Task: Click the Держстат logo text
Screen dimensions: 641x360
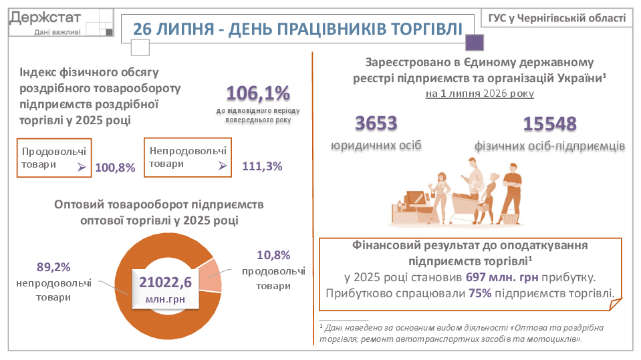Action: [x=45, y=17]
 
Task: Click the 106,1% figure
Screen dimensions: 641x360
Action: [x=258, y=93]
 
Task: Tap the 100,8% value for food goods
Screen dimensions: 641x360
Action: [x=115, y=168]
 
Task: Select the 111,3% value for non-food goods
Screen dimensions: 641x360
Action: [x=262, y=166]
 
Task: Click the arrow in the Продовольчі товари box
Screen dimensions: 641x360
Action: [x=82, y=167]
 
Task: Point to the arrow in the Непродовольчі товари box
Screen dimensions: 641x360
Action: [x=223, y=166]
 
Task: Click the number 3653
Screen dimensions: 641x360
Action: [x=376, y=124]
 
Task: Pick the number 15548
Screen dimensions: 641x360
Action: [x=550, y=124]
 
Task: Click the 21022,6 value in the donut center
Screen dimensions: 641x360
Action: [x=165, y=283]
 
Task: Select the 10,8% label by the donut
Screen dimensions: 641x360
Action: [x=273, y=255]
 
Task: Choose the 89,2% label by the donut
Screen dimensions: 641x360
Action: [x=53, y=267]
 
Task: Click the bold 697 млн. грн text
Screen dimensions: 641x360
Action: [x=502, y=277]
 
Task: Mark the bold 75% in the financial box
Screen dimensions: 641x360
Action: [x=480, y=293]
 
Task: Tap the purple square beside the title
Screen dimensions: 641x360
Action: [x=475, y=43]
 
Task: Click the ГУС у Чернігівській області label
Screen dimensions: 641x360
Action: [x=557, y=19]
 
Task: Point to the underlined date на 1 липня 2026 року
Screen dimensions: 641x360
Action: [x=480, y=94]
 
